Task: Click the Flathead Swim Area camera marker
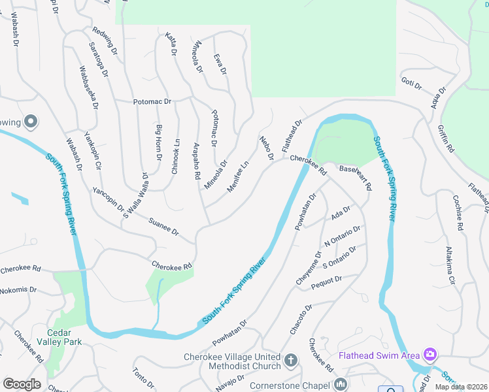pyautogui.click(x=430, y=355)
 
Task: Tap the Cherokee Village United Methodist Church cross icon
pyautogui.click(x=291, y=360)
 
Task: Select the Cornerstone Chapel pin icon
pyautogui.click(x=339, y=384)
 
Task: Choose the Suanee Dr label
pyautogui.click(x=163, y=227)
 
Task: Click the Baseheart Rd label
pyautogui.click(x=356, y=177)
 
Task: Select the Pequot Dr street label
pyautogui.click(x=328, y=280)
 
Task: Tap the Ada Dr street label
pyautogui.click(x=341, y=214)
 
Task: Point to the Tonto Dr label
pyautogui.click(x=143, y=377)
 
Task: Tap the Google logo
pyautogui.click(x=22, y=384)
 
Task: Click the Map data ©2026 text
pyautogui.click(x=462, y=387)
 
